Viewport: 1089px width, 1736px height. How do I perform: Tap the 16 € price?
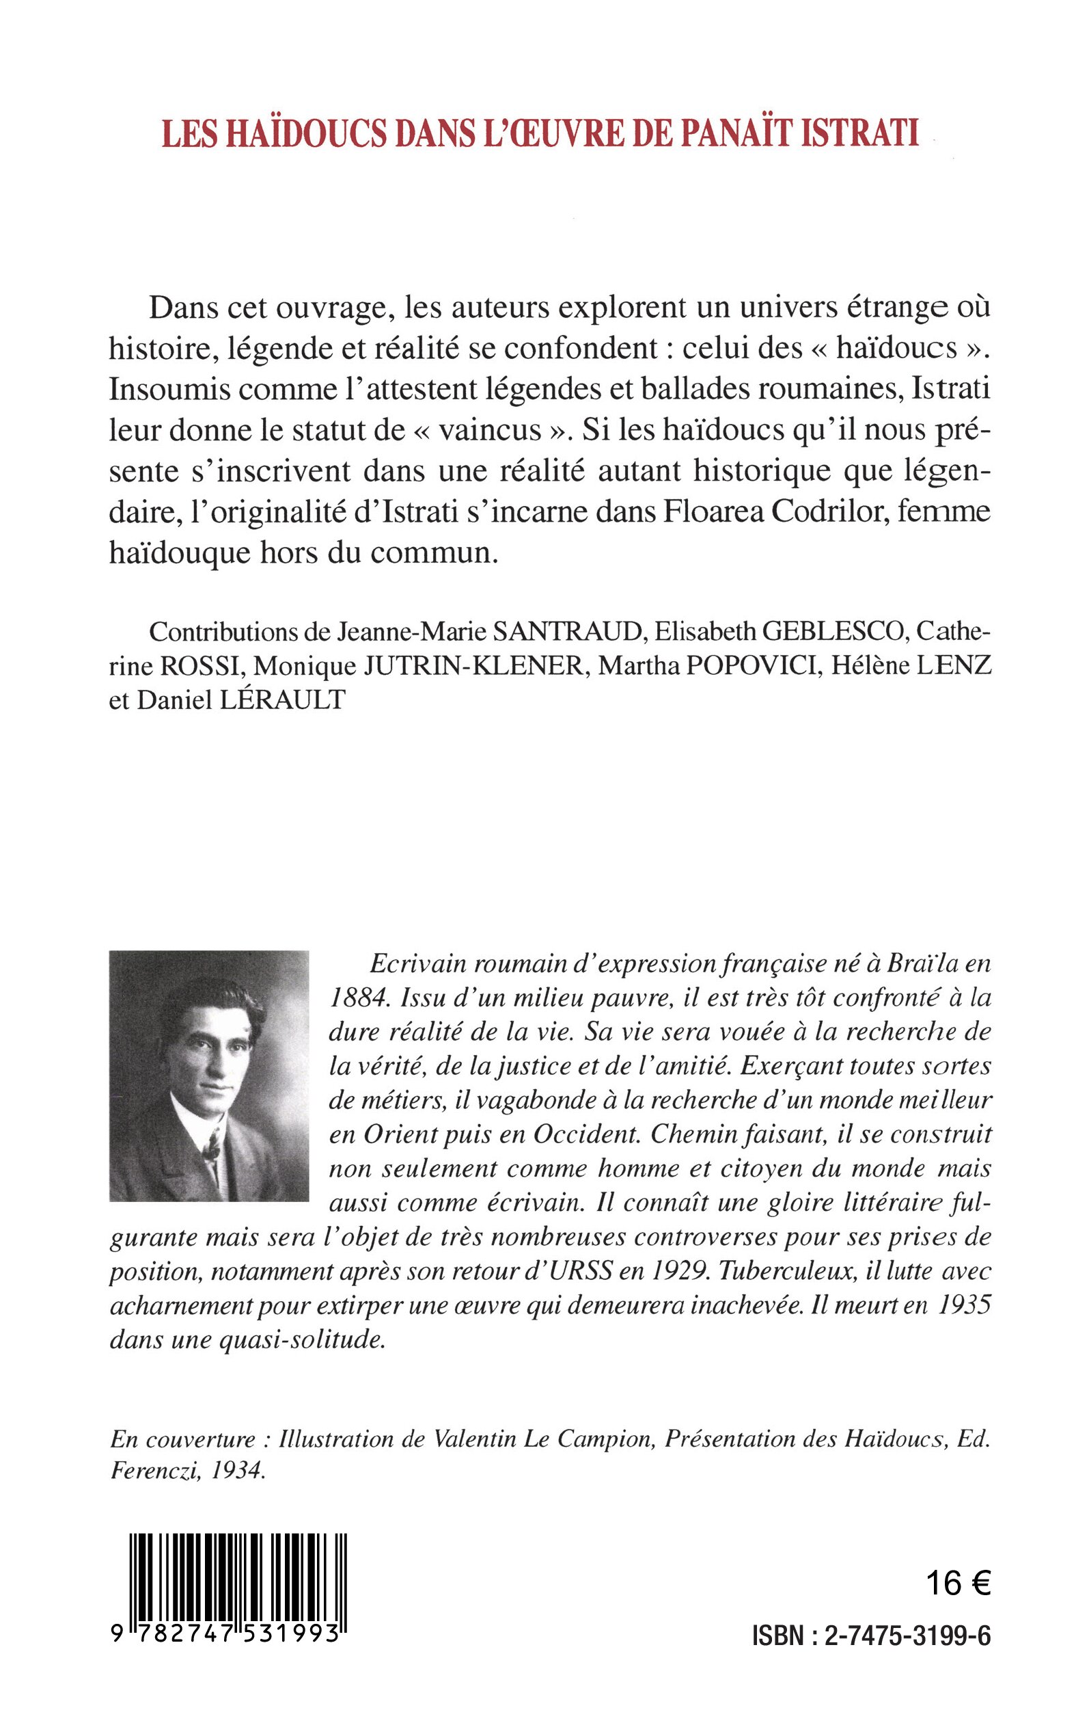[958, 1584]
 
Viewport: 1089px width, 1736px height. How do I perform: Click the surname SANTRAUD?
[567, 632]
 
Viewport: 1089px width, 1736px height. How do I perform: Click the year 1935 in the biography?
[965, 1307]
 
